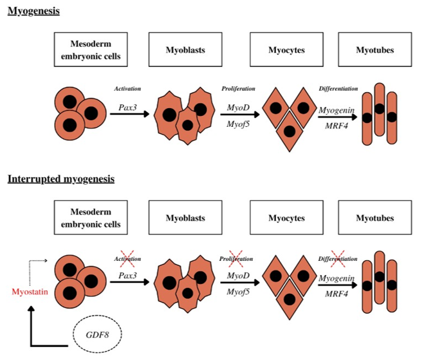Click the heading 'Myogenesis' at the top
point(33,10)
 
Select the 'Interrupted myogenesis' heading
point(61,178)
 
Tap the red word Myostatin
point(30,292)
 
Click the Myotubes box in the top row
point(375,50)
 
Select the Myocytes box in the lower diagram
point(286,218)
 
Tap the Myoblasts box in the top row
point(185,50)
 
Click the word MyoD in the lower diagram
point(238,276)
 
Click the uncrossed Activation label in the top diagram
point(127,88)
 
